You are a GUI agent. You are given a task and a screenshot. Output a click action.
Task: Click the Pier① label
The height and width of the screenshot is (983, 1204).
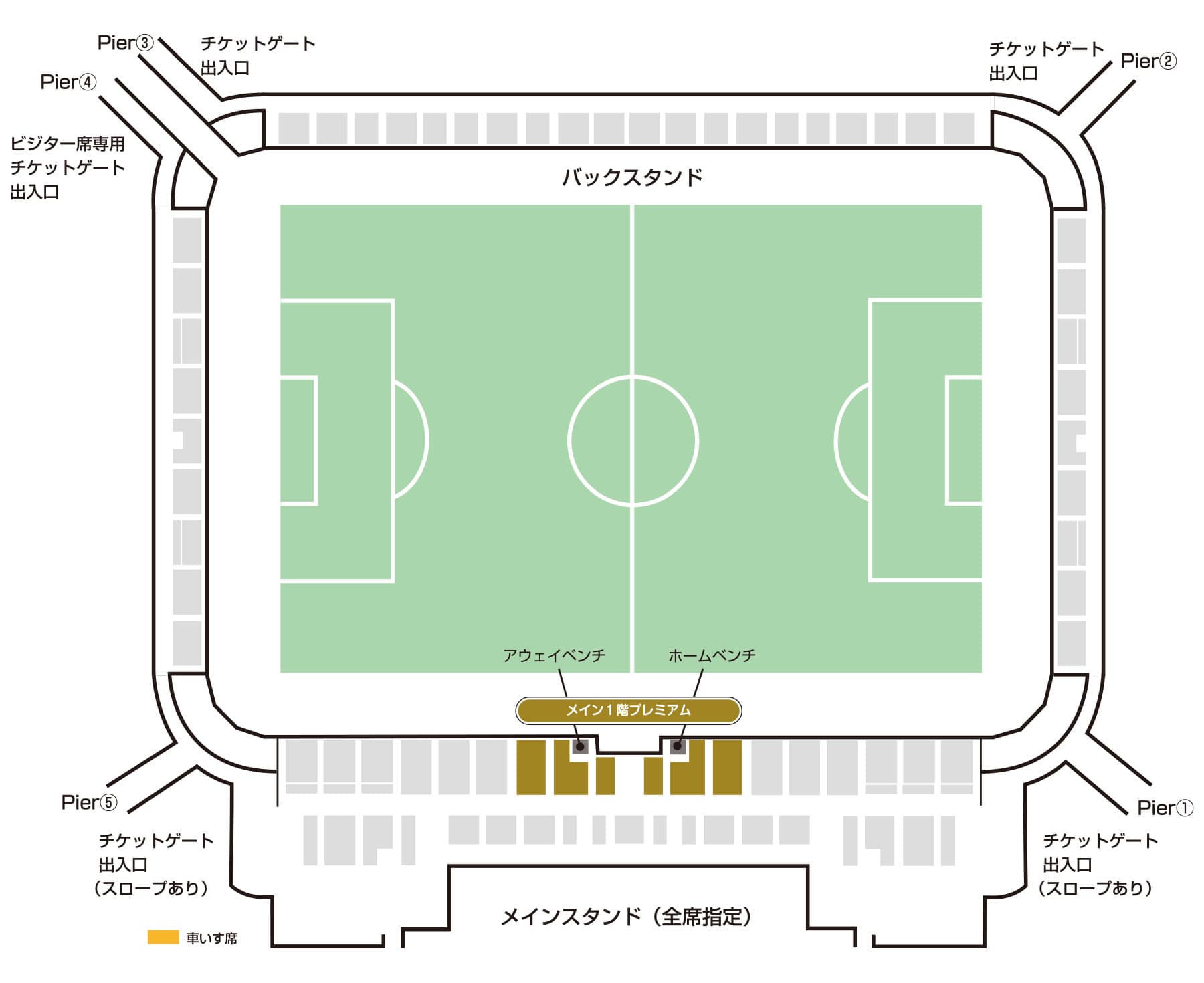1165,808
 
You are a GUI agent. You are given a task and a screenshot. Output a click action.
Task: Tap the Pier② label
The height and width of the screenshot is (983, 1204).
1148,61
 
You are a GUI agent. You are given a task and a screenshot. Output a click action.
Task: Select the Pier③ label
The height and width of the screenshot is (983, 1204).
125,43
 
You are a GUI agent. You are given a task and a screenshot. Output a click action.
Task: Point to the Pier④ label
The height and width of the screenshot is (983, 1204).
68,82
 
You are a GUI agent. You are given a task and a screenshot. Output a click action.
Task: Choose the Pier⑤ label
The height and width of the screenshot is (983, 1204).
89,802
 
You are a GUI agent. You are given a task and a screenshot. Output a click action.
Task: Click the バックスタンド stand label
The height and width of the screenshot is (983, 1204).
631,177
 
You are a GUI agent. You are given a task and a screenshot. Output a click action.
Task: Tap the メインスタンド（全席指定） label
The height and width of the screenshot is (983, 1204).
627,916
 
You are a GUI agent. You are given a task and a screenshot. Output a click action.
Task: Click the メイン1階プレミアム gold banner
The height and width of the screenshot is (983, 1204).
629,710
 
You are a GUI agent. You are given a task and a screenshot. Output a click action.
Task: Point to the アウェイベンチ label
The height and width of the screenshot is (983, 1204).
554,655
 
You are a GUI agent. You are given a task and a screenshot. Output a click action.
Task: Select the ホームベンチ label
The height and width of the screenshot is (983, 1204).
712,655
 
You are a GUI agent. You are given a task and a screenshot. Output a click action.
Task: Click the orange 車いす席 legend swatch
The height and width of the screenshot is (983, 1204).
163,937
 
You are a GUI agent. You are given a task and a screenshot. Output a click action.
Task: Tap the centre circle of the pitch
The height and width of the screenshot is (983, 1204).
633,441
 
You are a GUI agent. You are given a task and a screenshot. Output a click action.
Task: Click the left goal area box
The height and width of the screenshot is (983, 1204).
298,441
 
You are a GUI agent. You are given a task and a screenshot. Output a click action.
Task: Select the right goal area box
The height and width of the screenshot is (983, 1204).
964,441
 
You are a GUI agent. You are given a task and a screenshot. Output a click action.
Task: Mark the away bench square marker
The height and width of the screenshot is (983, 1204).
580,746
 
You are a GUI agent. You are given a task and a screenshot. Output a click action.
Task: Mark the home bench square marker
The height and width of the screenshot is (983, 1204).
678,746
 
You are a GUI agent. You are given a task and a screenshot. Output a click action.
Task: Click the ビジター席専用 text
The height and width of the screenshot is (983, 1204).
68,144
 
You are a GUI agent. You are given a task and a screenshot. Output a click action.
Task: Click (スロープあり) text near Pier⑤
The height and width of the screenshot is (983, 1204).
152,888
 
